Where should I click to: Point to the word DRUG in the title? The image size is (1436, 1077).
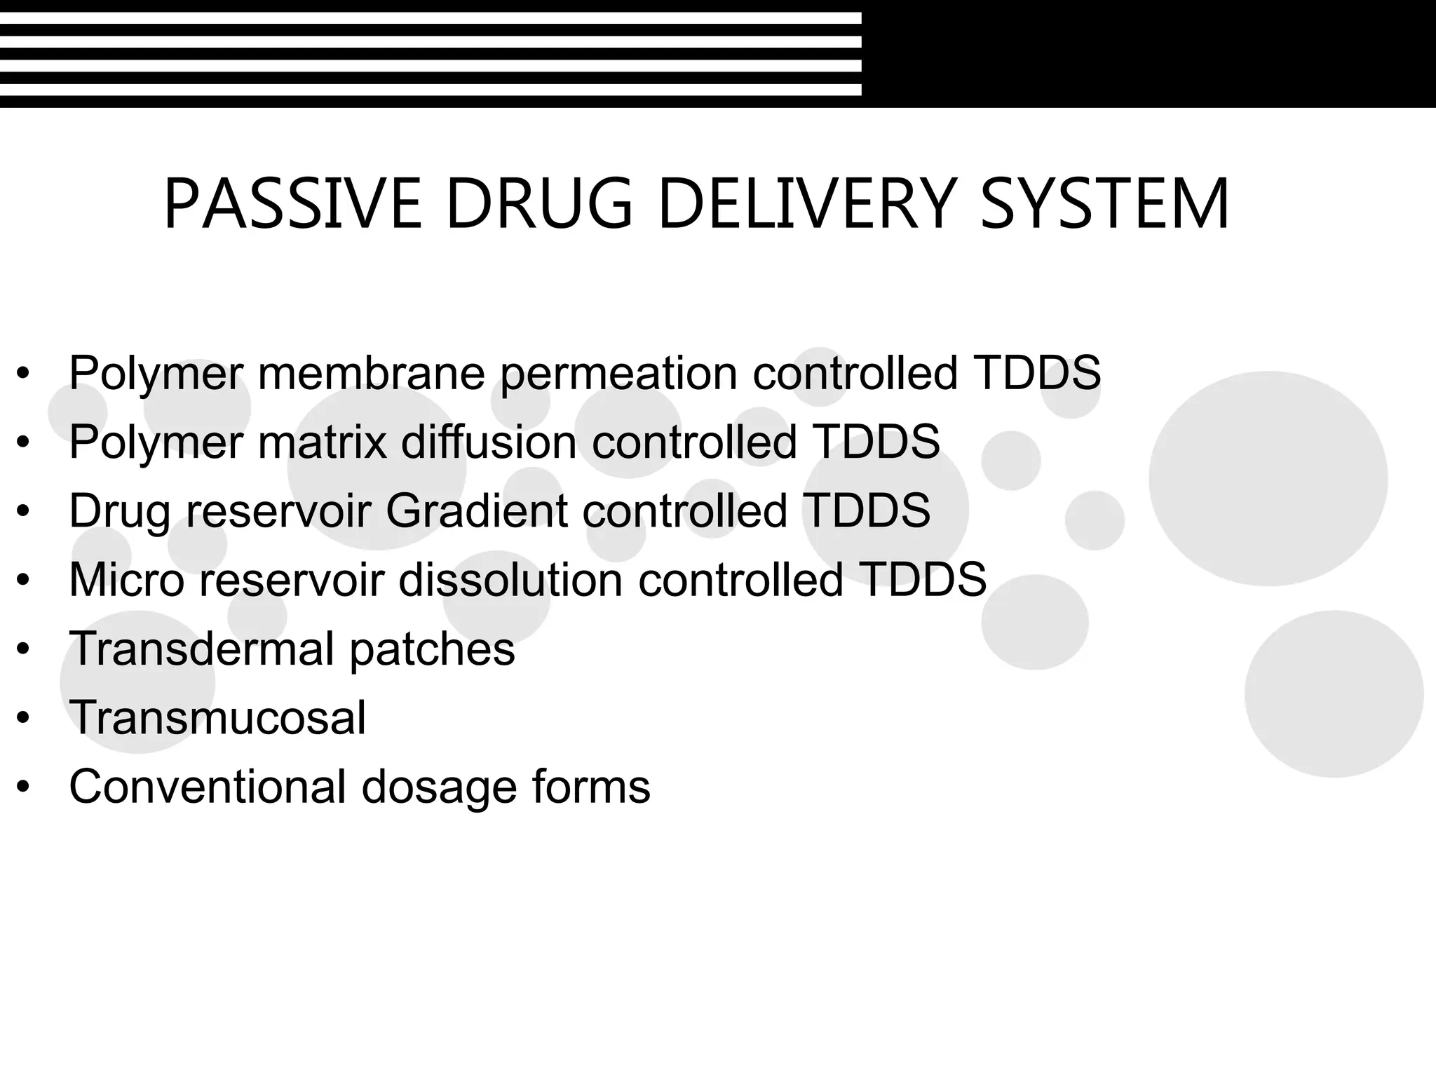pyautogui.click(x=539, y=204)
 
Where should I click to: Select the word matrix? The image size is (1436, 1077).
pyautogui.click(x=322, y=442)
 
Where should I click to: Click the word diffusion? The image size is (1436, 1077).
pyautogui.click(x=489, y=442)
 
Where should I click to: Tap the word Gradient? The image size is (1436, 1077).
pyautogui.click(x=476, y=510)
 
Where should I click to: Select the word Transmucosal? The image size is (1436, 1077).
pyautogui.click(x=217, y=717)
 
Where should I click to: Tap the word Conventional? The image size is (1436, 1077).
pyautogui.click(x=208, y=786)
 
